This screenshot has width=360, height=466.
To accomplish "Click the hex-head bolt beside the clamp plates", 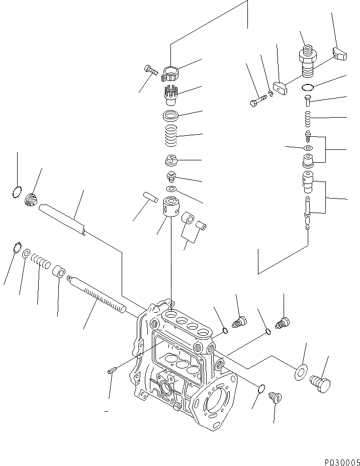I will coord(256,102).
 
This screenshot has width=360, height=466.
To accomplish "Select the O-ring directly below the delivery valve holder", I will coord(308,88).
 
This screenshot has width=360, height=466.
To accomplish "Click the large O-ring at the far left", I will coord(17,192).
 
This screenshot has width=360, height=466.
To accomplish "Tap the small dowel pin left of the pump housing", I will coord(112,371).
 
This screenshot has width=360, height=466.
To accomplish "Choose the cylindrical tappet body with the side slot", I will coord(170,208).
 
